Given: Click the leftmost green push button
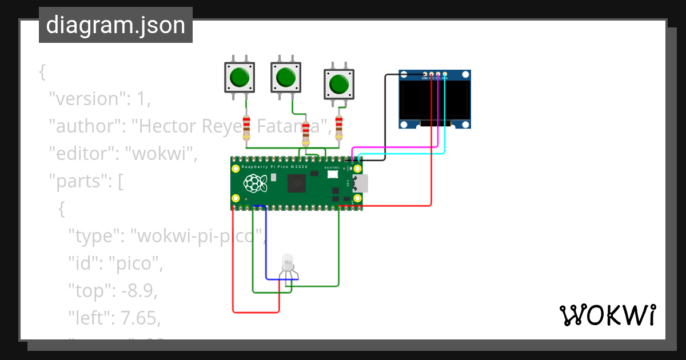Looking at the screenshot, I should pyautogui.click(x=239, y=77).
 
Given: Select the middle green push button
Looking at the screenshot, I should pyautogui.click(x=285, y=77).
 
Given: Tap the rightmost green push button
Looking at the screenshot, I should pyautogui.click(x=340, y=84).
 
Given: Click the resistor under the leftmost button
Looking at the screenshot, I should pyautogui.click(x=246, y=127).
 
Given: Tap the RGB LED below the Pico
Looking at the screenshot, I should pyautogui.click(x=289, y=265).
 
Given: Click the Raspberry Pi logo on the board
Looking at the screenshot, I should pyautogui.click(x=256, y=183).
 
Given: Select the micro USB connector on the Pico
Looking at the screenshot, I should pyautogui.click(x=361, y=183).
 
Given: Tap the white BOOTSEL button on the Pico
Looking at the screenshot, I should pyautogui.click(x=333, y=174).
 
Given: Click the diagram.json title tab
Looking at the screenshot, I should pyautogui.click(x=115, y=25).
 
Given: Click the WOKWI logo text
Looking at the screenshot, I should pyautogui.click(x=607, y=315).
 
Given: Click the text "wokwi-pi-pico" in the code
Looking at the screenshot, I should pyautogui.click(x=197, y=235).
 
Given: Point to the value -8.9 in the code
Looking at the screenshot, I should pyautogui.click(x=137, y=290).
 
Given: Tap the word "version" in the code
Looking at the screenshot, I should pyautogui.click(x=86, y=99).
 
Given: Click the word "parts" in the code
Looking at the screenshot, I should pyautogui.click(x=78, y=182).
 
